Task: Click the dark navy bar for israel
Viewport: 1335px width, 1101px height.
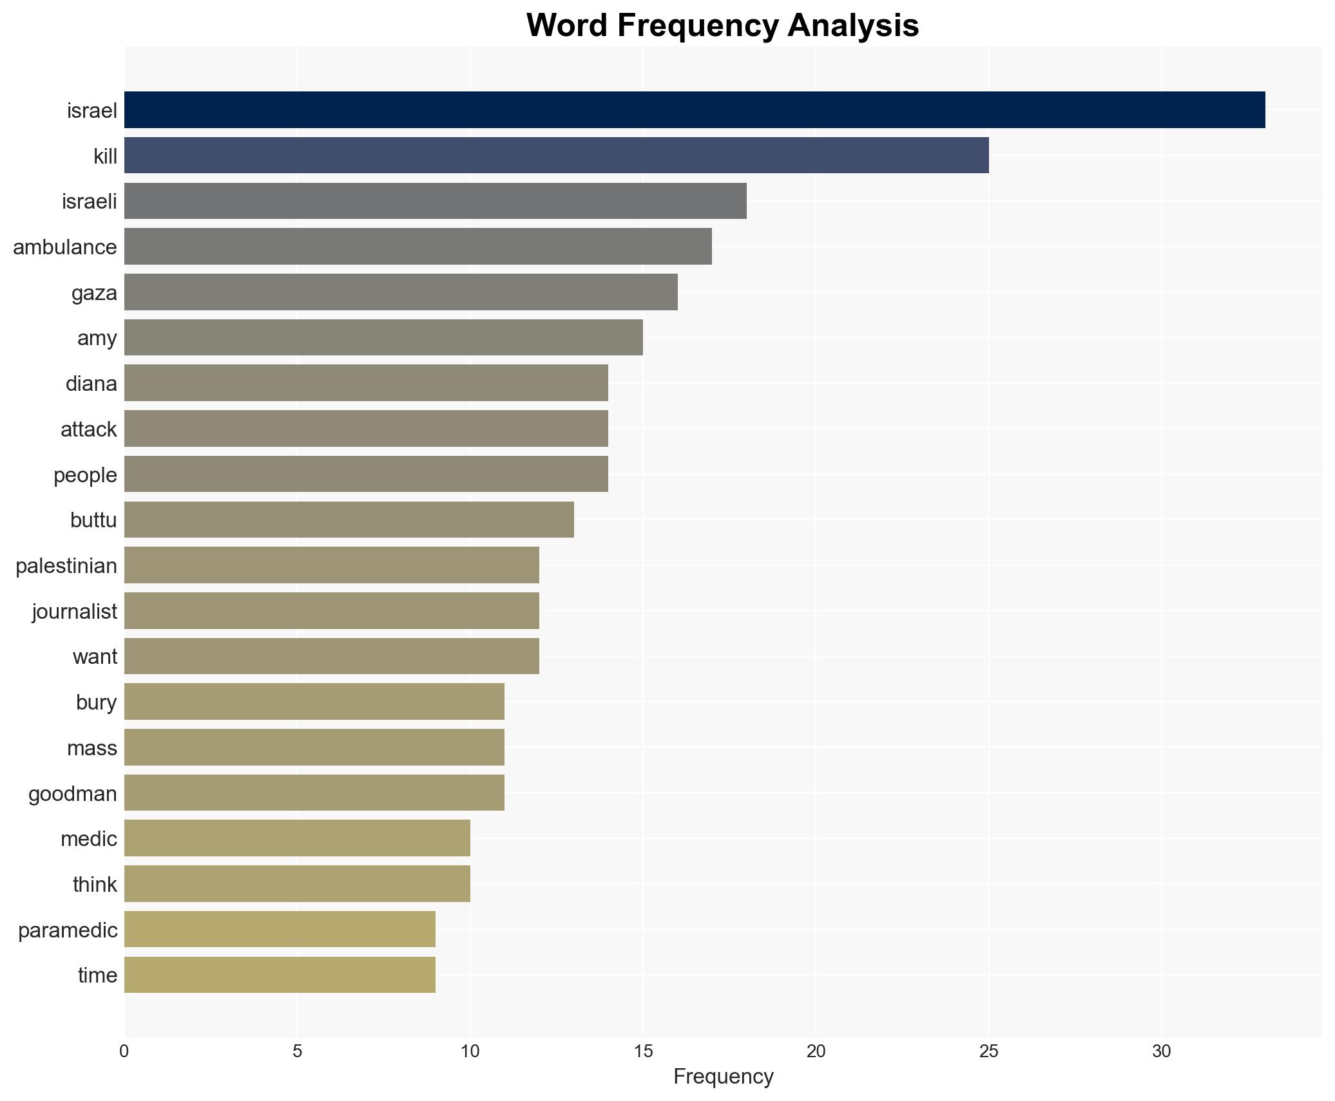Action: (x=694, y=110)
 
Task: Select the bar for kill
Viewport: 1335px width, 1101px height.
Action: (x=556, y=156)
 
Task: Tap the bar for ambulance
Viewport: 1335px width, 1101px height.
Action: (x=418, y=247)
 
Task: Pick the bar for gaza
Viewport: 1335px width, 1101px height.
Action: (x=400, y=292)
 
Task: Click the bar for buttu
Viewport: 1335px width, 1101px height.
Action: (x=349, y=520)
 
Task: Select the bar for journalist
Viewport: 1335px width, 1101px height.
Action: (x=331, y=611)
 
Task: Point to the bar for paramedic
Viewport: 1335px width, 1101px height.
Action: (x=280, y=930)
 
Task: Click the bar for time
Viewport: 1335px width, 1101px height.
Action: (x=280, y=975)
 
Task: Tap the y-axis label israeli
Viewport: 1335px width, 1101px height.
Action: (x=90, y=202)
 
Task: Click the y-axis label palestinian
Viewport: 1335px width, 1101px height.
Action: (x=66, y=566)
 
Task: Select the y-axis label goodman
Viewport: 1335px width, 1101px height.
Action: (x=73, y=794)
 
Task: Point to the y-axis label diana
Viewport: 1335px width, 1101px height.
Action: (x=91, y=384)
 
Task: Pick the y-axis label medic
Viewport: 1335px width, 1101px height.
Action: (x=89, y=839)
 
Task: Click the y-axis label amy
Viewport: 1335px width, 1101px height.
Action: (x=97, y=338)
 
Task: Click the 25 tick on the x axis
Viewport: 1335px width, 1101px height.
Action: (x=988, y=1051)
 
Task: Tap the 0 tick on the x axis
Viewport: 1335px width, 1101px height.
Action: (x=124, y=1051)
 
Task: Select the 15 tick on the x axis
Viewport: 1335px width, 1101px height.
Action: (x=642, y=1051)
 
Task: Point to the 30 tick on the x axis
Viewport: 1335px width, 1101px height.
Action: (x=1161, y=1051)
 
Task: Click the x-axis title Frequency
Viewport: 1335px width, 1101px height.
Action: (x=723, y=1077)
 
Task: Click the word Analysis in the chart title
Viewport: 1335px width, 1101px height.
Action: (x=853, y=26)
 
